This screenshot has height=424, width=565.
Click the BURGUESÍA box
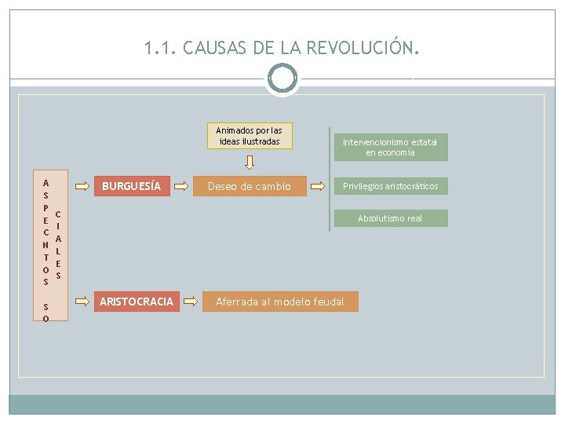132,187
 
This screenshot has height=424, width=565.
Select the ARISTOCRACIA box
136,302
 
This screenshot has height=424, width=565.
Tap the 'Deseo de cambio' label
249,187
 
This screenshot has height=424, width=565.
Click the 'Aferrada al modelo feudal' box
280,302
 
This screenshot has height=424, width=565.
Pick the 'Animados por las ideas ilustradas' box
250,135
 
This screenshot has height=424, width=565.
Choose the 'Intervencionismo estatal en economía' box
390,147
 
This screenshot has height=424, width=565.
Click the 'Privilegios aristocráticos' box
390,186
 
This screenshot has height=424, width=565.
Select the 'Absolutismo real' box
390,218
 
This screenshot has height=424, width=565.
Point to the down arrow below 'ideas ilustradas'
250,163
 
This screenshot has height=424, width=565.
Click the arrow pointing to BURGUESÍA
82,187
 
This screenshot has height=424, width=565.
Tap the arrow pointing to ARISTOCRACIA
82,301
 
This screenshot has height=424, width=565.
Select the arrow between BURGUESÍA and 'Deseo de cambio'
180,187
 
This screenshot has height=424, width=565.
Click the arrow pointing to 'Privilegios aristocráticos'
318,187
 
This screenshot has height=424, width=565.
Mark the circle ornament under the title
282,79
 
